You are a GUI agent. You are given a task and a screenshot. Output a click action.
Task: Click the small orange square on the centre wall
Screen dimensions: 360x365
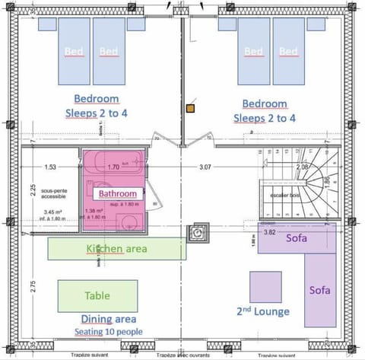pos(190,109)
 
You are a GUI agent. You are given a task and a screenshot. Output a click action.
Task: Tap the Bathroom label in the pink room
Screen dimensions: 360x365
pos(117,193)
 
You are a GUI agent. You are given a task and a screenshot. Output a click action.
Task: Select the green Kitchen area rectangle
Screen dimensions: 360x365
pos(116,249)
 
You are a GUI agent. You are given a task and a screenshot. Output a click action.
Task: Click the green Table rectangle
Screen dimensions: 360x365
pos(97,296)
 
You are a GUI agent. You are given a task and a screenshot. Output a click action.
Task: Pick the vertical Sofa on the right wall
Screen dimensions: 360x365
pos(319,290)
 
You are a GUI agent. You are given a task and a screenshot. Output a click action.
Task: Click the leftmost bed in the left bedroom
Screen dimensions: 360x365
pos(75,51)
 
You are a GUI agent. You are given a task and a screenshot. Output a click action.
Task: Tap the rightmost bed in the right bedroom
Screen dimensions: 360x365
pos(288,51)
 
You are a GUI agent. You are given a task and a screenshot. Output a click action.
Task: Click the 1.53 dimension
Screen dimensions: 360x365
pos(50,167)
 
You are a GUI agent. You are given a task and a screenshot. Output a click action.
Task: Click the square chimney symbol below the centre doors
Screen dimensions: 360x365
pos(199,231)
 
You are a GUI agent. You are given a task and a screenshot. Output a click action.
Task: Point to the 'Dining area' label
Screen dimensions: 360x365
pos(109,320)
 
